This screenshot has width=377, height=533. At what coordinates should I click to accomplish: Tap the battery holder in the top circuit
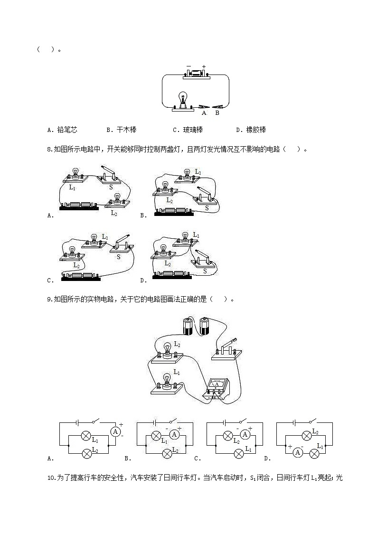(x=196, y=73)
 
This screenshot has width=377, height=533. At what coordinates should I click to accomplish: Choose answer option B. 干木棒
(x=122, y=130)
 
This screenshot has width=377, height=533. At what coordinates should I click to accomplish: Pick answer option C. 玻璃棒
(x=188, y=130)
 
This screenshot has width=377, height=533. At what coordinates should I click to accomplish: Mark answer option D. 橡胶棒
(x=251, y=130)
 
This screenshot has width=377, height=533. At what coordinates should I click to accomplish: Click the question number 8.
(x=50, y=150)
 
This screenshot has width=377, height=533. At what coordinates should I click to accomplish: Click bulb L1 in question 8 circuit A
(x=75, y=174)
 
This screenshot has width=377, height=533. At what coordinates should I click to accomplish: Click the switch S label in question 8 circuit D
(x=205, y=271)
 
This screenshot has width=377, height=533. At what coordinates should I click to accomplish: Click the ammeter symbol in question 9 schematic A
(x=114, y=431)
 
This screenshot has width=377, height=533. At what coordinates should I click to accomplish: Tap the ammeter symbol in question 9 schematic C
(x=245, y=434)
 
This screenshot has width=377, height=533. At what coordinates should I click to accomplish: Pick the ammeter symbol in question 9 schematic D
(x=298, y=452)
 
